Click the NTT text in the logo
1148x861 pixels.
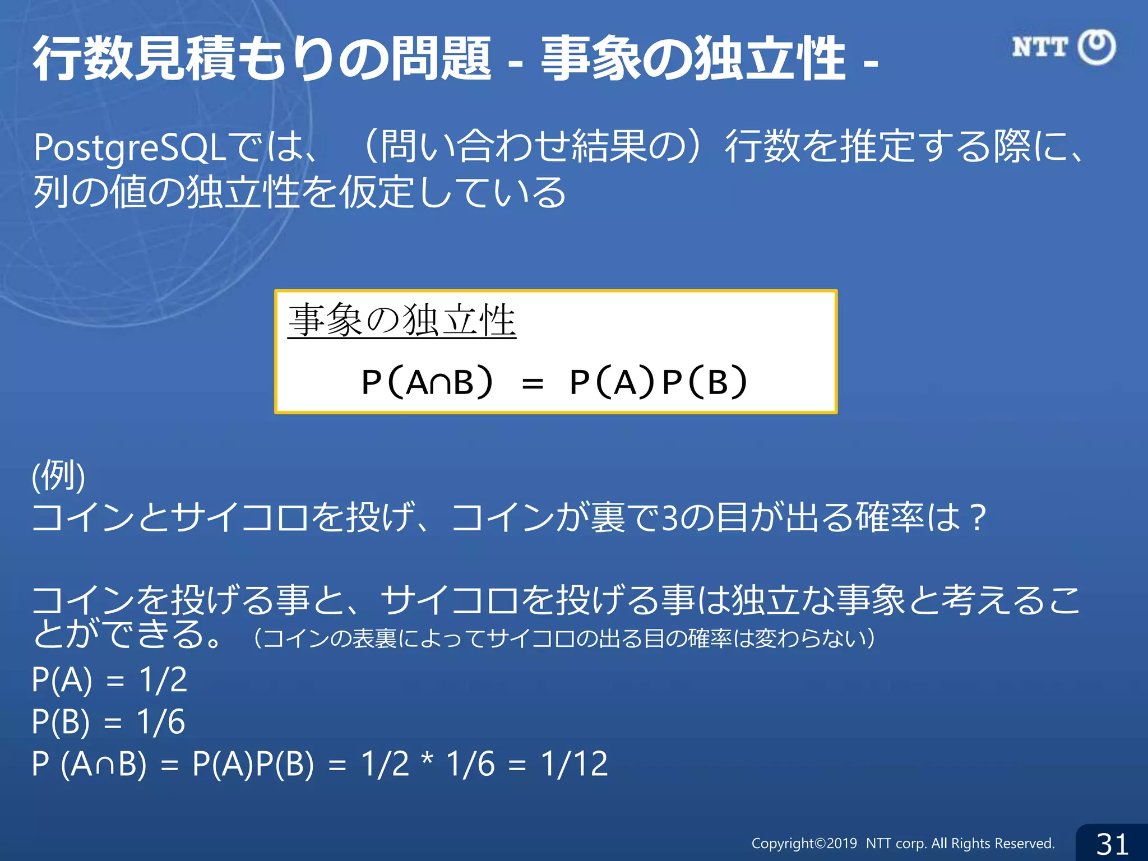(1039, 47)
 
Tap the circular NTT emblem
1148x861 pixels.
(1096, 47)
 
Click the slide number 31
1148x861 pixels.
(1112, 844)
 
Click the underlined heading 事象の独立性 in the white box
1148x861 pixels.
(401, 321)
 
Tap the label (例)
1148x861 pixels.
(58, 476)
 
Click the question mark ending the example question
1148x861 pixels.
(978, 517)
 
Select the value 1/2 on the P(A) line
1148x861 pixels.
(163, 680)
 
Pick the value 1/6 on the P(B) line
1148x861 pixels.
(161, 721)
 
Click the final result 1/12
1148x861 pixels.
(574, 763)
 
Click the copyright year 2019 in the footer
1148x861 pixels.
(841, 844)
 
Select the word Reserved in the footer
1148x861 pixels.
(1026, 844)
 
